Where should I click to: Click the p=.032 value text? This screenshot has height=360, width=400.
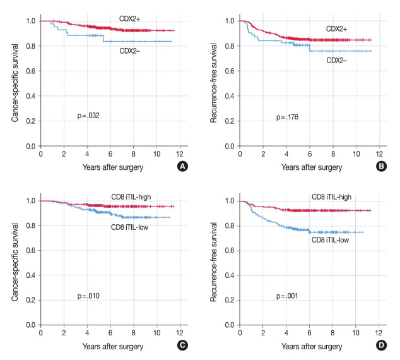tap(88, 116)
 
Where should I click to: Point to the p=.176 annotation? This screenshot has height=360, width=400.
tap(288, 117)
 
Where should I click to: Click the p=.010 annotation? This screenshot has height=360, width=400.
tap(88, 296)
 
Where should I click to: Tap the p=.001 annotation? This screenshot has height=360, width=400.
tap(288, 296)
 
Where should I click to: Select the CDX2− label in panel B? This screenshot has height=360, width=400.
tap(339, 60)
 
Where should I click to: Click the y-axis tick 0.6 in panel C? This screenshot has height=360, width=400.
tap(30, 251)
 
